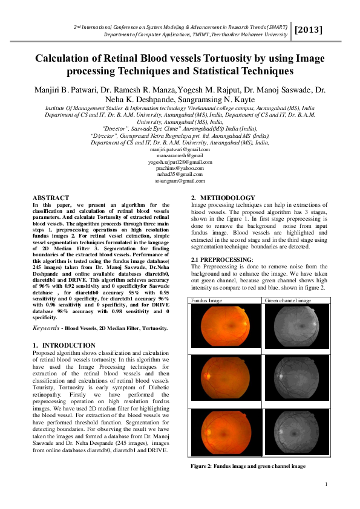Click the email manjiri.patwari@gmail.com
pos(180,149)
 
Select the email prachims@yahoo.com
pos(180,168)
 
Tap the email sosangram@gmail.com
pos(180,181)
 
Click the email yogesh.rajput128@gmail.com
pos(180,162)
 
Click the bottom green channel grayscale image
pos(293,434)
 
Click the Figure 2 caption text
pos(248,466)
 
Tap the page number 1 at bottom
pos(326,484)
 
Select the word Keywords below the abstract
pos(47,328)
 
